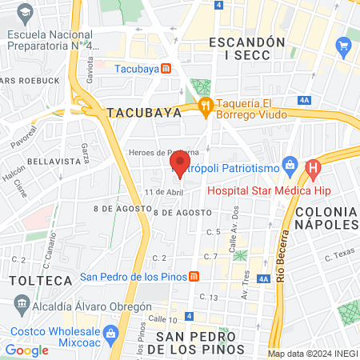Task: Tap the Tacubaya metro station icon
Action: click(x=165, y=69)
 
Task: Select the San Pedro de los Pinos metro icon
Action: click(x=194, y=277)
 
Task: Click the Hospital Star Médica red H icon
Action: click(x=313, y=169)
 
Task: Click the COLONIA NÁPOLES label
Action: click(x=326, y=218)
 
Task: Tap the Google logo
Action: click(x=26, y=350)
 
